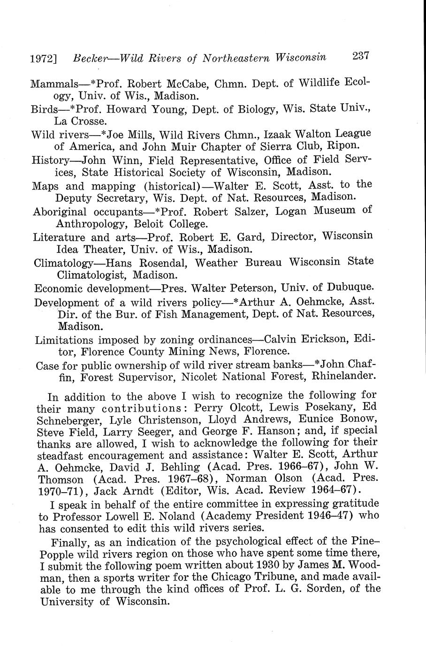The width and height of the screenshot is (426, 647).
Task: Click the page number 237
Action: click(x=361, y=56)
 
